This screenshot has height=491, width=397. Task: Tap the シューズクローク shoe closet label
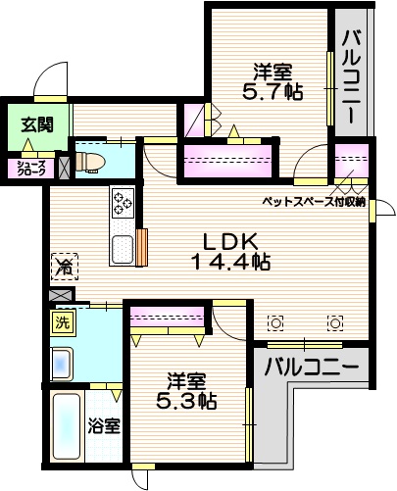pyautogui.click(x=29, y=167)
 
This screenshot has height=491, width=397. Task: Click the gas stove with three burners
pyautogui.click(x=123, y=202)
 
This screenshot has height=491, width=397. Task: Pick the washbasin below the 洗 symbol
pyautogui.click(x=63, y=364)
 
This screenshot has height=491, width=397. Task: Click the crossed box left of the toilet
pyautogui.click(x=64, y=166)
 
